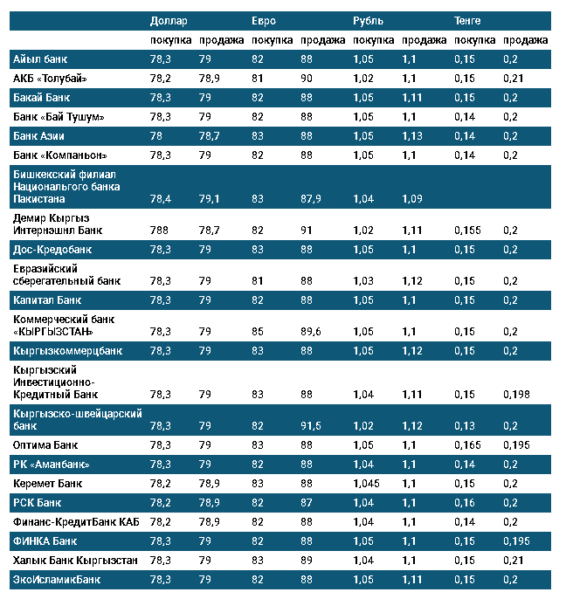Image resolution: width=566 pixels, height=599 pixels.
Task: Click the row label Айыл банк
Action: pos(40,59)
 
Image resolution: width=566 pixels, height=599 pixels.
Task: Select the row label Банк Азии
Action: pos(39,136)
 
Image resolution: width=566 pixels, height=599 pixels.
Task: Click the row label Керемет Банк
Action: pos(48,483)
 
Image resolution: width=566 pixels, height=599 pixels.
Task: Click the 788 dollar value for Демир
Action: pos(159,231)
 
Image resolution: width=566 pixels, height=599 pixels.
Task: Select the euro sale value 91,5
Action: pos(312,425)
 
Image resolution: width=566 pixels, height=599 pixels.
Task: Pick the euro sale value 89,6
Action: pos(312,332)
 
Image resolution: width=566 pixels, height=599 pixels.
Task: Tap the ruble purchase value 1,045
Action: pos(367,483)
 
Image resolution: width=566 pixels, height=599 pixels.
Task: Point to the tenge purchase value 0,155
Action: pos(468,231)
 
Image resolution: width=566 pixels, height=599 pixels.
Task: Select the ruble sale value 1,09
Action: pos(412,199)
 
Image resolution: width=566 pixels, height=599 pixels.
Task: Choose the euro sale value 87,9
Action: pos(312,199)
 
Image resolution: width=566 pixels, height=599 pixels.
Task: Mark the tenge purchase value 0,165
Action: pos(468,444)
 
